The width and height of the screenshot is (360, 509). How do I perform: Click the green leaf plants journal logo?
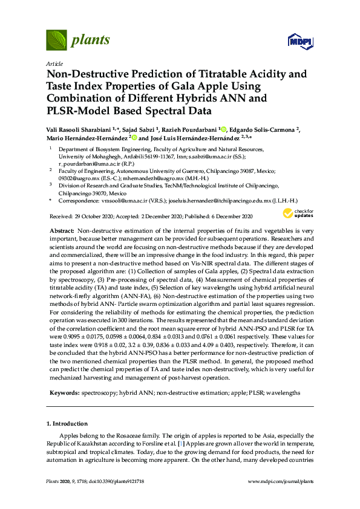click(x=56, y=41)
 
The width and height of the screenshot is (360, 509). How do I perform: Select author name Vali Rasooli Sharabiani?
click(x=82, y=129)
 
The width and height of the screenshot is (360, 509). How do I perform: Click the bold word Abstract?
click(x=61, y=231)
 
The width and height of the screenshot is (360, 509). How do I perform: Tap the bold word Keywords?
click(x=64, y=392)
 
